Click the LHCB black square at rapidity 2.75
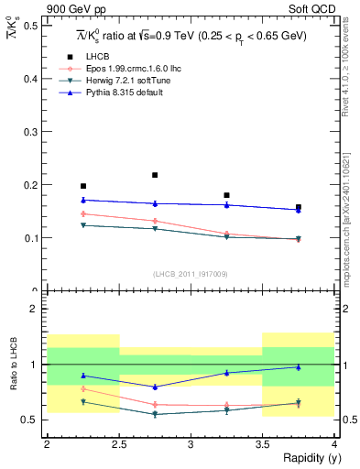[155, 175]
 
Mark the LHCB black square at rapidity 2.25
[83, 186]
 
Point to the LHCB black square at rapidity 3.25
[226, 195]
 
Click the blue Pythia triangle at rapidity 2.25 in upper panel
[83, 200]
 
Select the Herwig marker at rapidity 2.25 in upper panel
[83, 225]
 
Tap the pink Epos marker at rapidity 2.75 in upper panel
[155, 221]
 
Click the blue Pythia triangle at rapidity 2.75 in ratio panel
[155, 387]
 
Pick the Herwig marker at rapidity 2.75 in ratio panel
[155, 414]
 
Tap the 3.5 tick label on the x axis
[262, 445]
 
